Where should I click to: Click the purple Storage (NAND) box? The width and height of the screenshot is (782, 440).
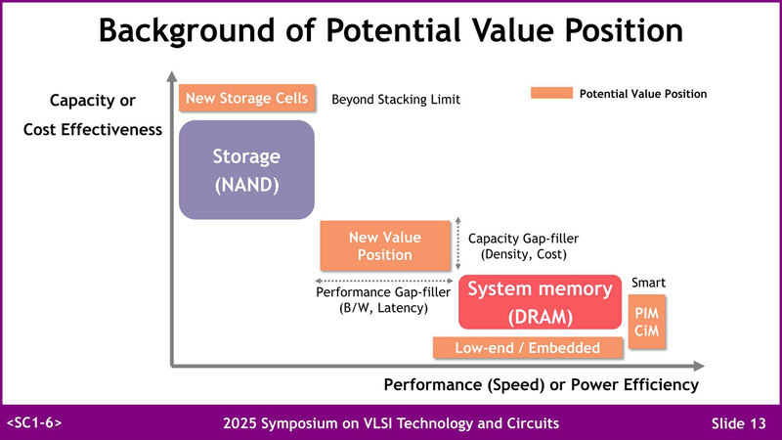click(246, 169)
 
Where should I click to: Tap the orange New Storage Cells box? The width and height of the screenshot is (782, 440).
click(247, 98)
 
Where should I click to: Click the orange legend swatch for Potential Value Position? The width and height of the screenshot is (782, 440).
click(549, 94)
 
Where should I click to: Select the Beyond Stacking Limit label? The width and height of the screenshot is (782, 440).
click(396, 100)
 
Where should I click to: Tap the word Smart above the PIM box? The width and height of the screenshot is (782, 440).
click(648, 283)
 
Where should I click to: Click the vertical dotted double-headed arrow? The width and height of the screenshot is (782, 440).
click(458, 244)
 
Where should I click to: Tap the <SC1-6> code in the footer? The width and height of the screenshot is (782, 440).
click(35, 422)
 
